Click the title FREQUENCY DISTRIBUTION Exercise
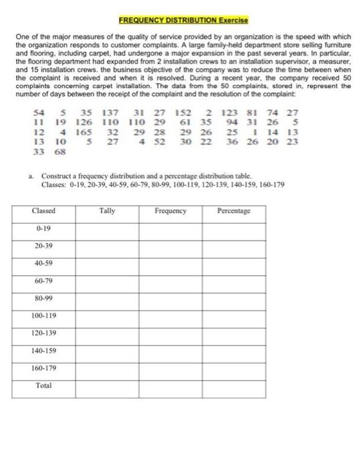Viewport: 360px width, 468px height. coord(179,21)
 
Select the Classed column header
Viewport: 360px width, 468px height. coord(43,211)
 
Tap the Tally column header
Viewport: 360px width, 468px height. coord(106,211)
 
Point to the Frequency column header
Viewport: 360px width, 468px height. coord(170,211)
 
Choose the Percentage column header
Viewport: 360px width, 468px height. coord(234,211)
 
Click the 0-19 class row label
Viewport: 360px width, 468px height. coord(40,229)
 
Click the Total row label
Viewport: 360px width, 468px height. coord(43,385)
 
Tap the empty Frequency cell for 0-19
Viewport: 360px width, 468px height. coord(170,229)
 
